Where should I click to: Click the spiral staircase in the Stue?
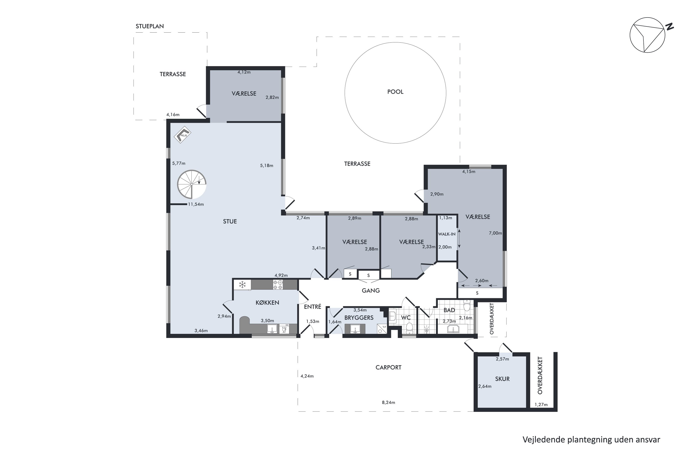click(x=192, y=184)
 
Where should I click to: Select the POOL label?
click(x=395, y=92)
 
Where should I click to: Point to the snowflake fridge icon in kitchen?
click(x=242, y=285)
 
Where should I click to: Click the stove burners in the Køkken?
click(x=278, y=285)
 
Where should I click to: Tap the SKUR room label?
click(x=502, y=379)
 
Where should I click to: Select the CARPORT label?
click(x=388, y=368)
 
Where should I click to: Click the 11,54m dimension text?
click(x=196, y=205)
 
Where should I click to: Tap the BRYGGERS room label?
click(x=359, y=318)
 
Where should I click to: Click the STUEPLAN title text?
click(x=150, y=26)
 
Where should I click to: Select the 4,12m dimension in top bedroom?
click(x=244, y=72)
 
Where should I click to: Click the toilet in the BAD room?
click(x=467, y=306)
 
